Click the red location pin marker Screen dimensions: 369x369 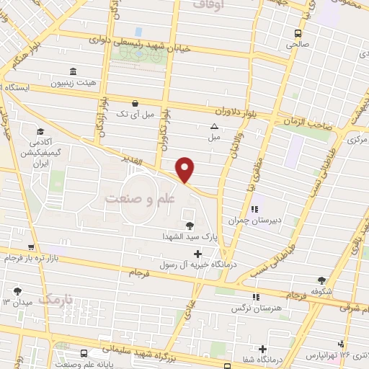click(185, 170)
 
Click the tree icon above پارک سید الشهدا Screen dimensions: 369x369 click(189, 224)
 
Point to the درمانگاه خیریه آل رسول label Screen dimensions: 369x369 click(197, 264)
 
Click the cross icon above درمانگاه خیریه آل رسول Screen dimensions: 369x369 click(198, 253)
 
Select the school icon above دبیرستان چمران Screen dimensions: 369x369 click(254, 208)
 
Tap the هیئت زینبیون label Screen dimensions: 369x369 click(73, 82)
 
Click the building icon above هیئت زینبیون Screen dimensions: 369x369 click(73, 71)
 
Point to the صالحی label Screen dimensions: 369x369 click(298, 44)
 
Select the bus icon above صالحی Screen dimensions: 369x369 click(298, 33)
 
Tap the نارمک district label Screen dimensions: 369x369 click(56, 298)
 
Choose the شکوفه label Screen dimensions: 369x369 click(321, 292)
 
